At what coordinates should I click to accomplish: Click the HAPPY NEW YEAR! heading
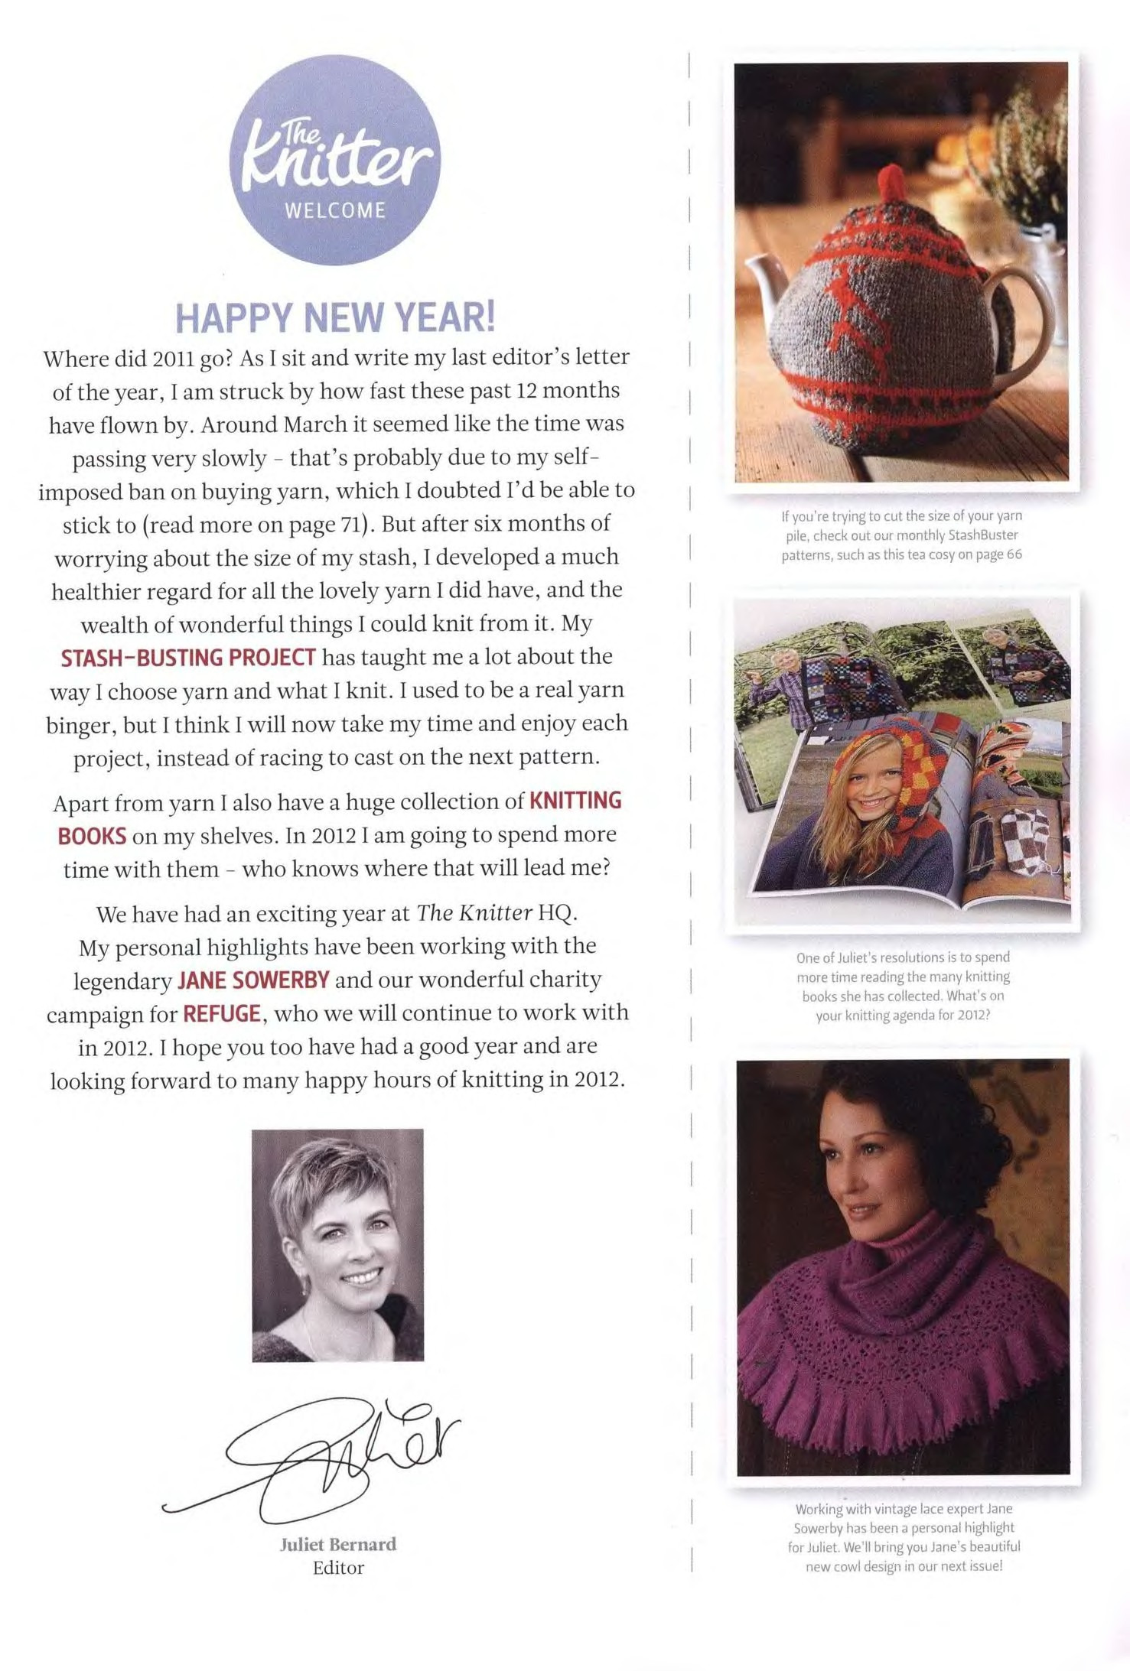tap(335, 317)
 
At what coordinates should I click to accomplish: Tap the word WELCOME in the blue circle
tap(335, 210)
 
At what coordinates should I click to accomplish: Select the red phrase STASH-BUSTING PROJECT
tap(188, 658)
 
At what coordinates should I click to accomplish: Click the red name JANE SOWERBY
tap(253, 980)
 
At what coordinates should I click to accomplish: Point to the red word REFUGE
tap(222, 1014)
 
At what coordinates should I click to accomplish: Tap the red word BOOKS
tap(92, 836)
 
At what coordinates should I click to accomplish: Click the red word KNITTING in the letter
tap(575, 801)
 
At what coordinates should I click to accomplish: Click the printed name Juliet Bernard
tap(338, 1544)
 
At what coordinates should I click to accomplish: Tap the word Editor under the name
tap(338, 1568)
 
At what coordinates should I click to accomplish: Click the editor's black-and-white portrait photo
tap(337, 1245)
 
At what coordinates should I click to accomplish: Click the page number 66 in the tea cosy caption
tap(1014, 554)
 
